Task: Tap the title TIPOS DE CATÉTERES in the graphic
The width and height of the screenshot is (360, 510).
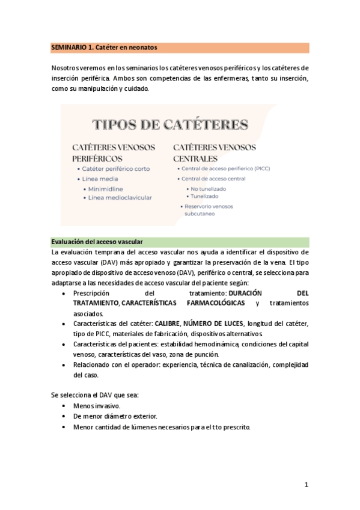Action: coord(170,124)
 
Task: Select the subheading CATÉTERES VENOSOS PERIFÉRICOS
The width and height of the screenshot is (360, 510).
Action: coord(114,152)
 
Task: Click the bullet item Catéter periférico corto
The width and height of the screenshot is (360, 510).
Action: coord(115,169)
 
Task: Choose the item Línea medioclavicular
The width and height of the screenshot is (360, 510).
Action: coord(120,197)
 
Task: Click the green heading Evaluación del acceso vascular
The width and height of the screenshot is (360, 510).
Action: coord(97,241)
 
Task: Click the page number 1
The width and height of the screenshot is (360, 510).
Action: coord(306,484)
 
